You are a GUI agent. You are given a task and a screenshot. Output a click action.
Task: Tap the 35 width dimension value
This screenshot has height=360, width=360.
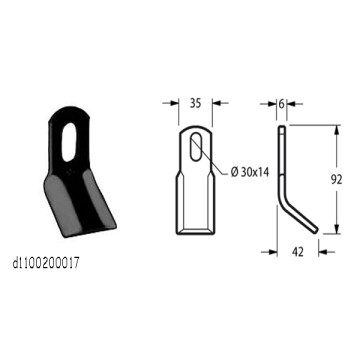196,100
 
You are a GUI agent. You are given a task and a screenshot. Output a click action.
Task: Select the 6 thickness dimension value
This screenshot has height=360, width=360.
283,101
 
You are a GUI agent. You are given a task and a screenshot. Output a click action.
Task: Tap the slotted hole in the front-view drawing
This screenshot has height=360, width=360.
197,150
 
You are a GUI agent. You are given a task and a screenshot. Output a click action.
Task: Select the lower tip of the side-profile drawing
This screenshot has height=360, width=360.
318,234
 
